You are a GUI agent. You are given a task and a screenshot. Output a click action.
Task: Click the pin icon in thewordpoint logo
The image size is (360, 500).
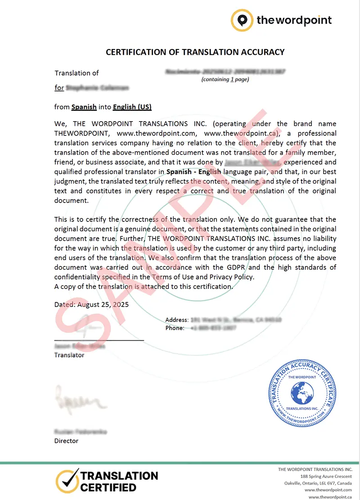[242, 20]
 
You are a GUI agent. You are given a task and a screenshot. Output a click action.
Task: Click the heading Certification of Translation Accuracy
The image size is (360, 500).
[195, 52]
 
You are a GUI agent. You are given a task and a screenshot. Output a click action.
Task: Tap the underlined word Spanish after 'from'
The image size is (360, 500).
[84, 107]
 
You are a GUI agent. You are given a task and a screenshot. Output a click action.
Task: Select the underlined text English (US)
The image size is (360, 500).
[132, 107]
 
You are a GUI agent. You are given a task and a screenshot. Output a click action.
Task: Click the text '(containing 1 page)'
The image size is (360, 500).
[225, 79]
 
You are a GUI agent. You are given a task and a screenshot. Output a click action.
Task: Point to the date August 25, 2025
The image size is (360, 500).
[103, 305]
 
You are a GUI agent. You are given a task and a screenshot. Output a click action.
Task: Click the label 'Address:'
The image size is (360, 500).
[177, 320]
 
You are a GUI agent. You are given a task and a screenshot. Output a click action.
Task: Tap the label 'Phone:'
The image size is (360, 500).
[175, 328]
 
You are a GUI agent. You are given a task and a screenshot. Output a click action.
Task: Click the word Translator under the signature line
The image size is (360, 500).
[69, 355]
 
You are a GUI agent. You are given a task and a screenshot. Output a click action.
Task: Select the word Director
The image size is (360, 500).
[66, 441]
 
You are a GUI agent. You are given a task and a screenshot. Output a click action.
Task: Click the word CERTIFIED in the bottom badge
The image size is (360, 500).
[108, 487]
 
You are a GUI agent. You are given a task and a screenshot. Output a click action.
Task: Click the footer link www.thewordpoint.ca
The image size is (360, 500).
[330, 496]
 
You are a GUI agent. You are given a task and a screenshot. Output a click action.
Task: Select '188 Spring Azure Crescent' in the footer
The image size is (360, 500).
[326, 476]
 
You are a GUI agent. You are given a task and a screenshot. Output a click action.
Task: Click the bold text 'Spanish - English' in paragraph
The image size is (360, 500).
[193, 171]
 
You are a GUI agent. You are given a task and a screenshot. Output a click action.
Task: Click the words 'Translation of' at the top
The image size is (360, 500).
[76, 73]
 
